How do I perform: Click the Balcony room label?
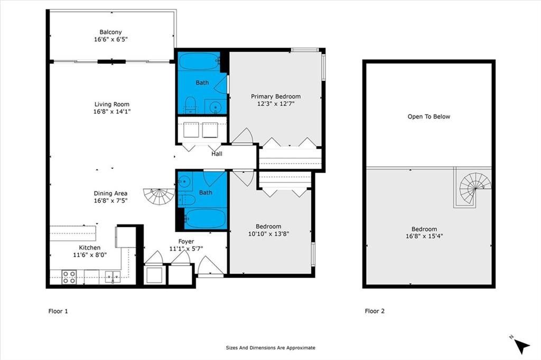[x=110, y=32]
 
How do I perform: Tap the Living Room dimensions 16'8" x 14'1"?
[x=112, y=111]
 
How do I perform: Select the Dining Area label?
[x=110, y=193]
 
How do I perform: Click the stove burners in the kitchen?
[x=69, y=277]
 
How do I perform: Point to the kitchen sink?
[x=113, y=277]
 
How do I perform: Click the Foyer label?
[x=186, y=241]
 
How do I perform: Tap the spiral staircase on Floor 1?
[x=159, y=196]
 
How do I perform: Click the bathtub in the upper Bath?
[x=199, y=61]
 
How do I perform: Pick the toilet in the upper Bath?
[x=190, y=105]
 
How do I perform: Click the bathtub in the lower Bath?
[x=205, y=219]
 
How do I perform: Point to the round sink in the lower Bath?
[x=185, y=181]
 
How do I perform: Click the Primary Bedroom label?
[x=276, y=97]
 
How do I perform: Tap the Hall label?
[x=217, y=154]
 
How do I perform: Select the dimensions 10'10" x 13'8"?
[x=268, y=234]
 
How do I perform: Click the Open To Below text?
[x=429, y=117]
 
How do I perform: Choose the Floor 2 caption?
[x=375, y=311]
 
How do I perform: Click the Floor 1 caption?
[x=58, y=311]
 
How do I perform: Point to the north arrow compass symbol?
[x=520, y=345]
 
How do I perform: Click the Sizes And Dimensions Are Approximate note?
[x=270, y=348]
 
